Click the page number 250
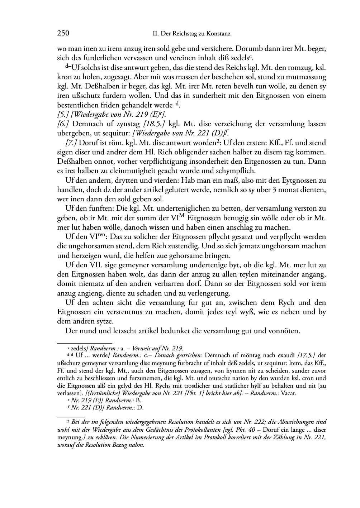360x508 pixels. [x=63, y=34]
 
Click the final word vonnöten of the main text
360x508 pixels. [x=283, y=331]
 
